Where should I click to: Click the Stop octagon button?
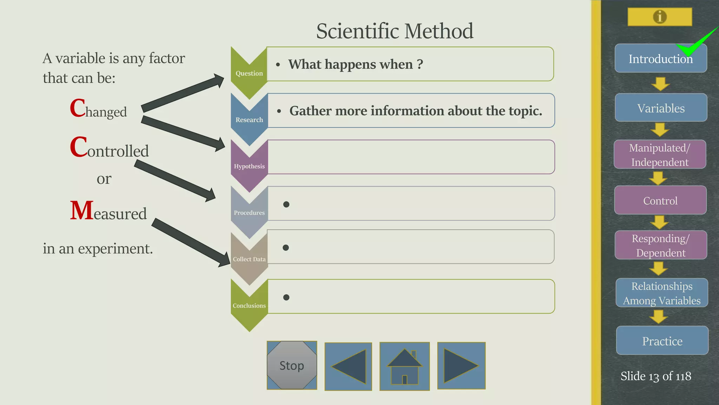click(292, 365)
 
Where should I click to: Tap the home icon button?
click(404, 366)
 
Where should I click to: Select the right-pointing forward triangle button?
click(461, 366)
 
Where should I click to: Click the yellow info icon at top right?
click(660, 17)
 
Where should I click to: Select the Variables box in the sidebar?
click(661, 108)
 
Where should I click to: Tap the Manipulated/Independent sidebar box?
click(660, 155)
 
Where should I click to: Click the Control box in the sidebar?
click(660, 200)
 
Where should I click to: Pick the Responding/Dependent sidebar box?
click(661, 245)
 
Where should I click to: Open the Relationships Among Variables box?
click(662, 293)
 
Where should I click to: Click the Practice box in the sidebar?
click(662, 341)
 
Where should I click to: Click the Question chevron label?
click(249, 73)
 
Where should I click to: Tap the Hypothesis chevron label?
click(249, 166)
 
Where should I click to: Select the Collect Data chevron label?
click(249, 259)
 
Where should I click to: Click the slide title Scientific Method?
click(395, 31)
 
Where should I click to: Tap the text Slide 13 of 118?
click(656, 376)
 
